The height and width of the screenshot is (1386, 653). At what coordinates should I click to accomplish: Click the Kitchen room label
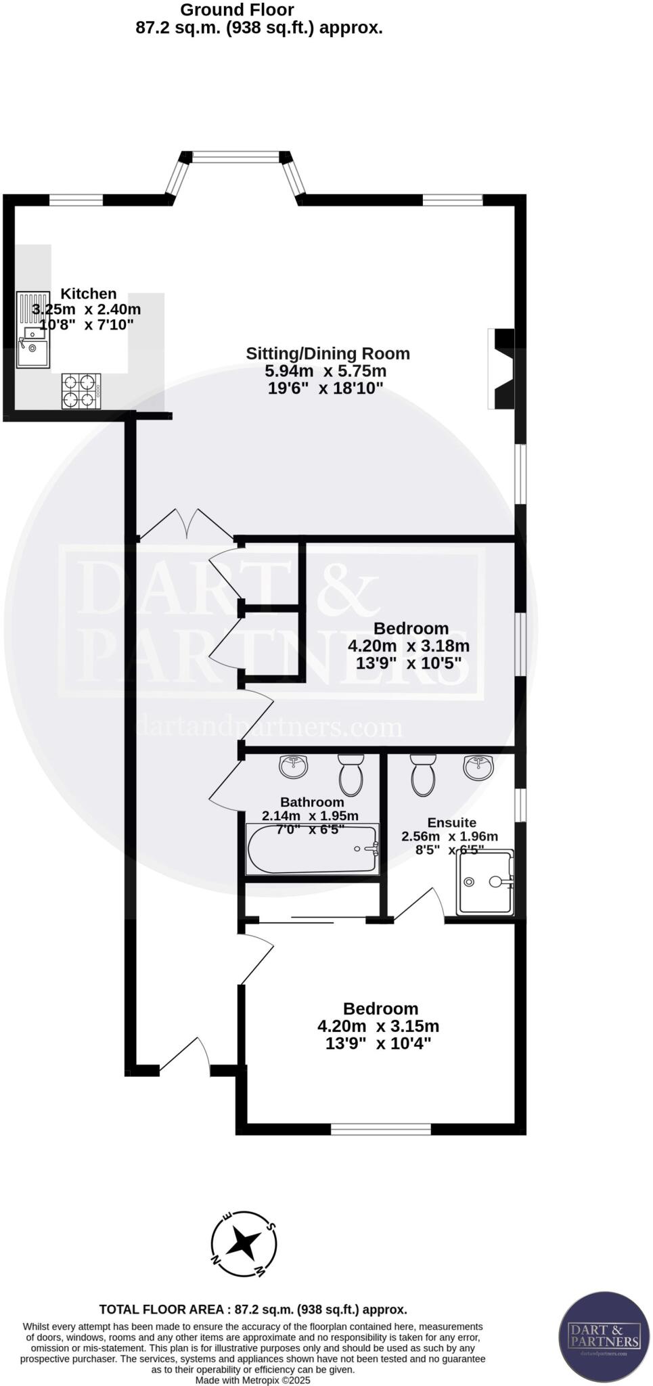pyautogui.click(x=89, y=294)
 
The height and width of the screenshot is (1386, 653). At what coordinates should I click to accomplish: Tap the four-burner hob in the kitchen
pyautogui.click(x=81, y=391)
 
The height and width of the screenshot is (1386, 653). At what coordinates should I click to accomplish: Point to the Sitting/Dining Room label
pyautogui.click(x=328, y=353)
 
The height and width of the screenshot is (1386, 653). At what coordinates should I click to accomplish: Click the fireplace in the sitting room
pyautogui.click(x=502, y=369)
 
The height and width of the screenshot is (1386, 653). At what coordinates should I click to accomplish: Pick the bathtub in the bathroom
pyautogui.click(x=312, y=849)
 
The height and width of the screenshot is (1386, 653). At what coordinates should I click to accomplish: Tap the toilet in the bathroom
pyautogui.click(x=351, y=775)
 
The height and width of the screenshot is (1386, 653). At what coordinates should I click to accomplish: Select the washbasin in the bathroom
pyautogui.click(x=293, y=766)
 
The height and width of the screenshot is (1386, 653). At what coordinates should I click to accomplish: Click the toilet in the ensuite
pyautogui.click(x=422, y=774)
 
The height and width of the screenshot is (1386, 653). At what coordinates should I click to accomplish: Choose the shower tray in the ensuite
pyautogui.click(x=485, y=882)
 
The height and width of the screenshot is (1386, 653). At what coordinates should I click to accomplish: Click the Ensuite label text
pyautogui.click(x=451, y=822)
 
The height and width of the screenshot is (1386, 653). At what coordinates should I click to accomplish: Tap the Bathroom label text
pyautogui.click(x=312, y=802)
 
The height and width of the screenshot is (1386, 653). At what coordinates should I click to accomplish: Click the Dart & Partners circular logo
pyautogui.click(x=604, y=1337)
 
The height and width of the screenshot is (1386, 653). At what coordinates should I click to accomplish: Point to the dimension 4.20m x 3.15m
pyautogui.click(x=378, y=1026)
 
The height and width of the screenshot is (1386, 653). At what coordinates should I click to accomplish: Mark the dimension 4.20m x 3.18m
pyautogui.click(x=409, y=646)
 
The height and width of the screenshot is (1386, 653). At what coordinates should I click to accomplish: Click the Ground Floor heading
pyautogui.click(x=238, y=10)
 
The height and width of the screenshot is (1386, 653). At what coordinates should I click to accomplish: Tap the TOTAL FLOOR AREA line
pyautogui.click(x=253, y=1310)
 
